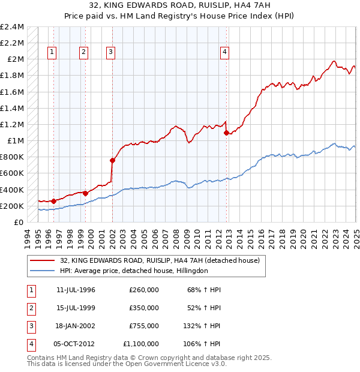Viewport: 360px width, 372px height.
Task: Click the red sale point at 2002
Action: coord(112,160)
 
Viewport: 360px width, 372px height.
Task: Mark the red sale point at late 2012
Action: coord(226,133)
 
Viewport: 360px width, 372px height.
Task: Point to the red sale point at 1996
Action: coord(53,201)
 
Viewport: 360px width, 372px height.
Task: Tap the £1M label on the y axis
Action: coord(15,141)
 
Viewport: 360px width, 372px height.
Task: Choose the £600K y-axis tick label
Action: coord(13,173)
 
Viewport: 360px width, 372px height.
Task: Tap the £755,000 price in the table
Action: coord(143,326)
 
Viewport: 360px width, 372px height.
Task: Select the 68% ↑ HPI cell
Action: coord(205,290)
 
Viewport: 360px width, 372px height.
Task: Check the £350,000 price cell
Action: coord(143,308)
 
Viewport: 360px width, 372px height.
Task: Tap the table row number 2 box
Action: coord(30,308)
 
